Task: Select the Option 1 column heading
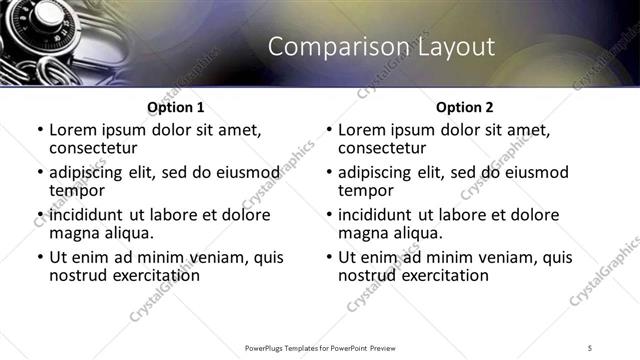tap(175, 107)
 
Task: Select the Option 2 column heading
tap(464, 107)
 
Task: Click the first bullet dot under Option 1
tap(39, 130)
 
